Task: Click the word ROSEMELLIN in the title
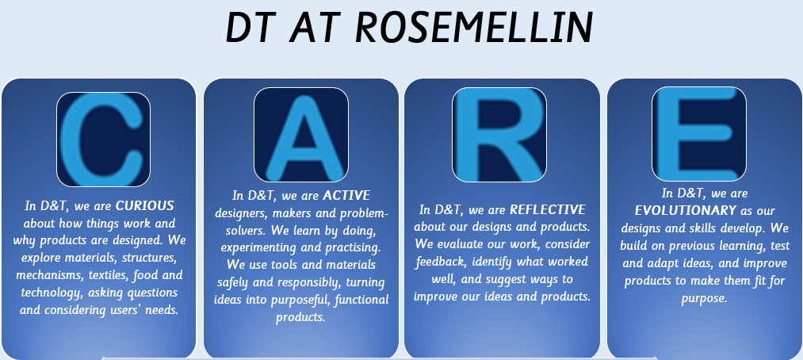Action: [474, 28]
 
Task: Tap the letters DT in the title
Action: [250, 28]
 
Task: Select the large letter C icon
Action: [103, 140]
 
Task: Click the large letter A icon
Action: [301, 135]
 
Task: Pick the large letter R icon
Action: [499, 135]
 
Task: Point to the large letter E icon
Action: [699, 134]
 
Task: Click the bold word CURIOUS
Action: [145, 206]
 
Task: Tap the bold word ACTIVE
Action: [346, 196]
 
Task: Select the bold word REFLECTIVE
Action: [548, 210]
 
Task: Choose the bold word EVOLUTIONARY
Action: [685, 210]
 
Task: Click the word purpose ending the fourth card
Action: [704, 299]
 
